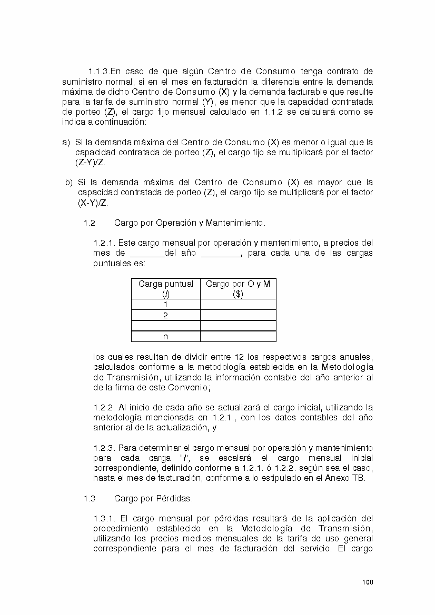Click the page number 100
click(368, 582)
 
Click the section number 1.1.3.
click(98, 72)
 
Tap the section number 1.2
click(89, 223)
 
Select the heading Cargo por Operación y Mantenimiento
click(190, 223)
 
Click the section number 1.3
click(89, 498)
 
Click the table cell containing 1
click(166, 305)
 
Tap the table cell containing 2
click(166, 316)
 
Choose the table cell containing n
click(166, 337)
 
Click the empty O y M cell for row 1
click(238, 305)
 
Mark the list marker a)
click(66, 143)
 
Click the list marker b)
click(68, 183)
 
